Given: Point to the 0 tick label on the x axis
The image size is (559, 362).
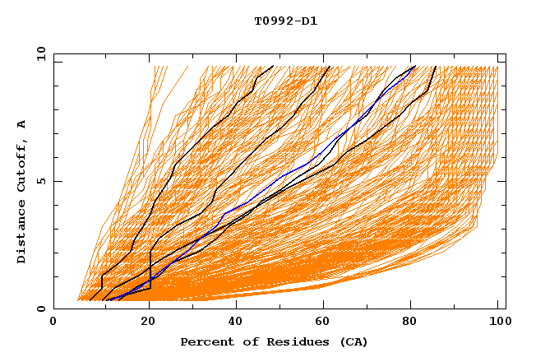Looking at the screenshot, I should point(53,323).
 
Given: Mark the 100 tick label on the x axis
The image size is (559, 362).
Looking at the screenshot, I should point(497,323).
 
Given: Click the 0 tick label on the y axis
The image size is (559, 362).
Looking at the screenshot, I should point(40,309).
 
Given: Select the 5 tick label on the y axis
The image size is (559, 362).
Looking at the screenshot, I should point(40,181).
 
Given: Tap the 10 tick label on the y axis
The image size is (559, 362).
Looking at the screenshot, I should point(38,53).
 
